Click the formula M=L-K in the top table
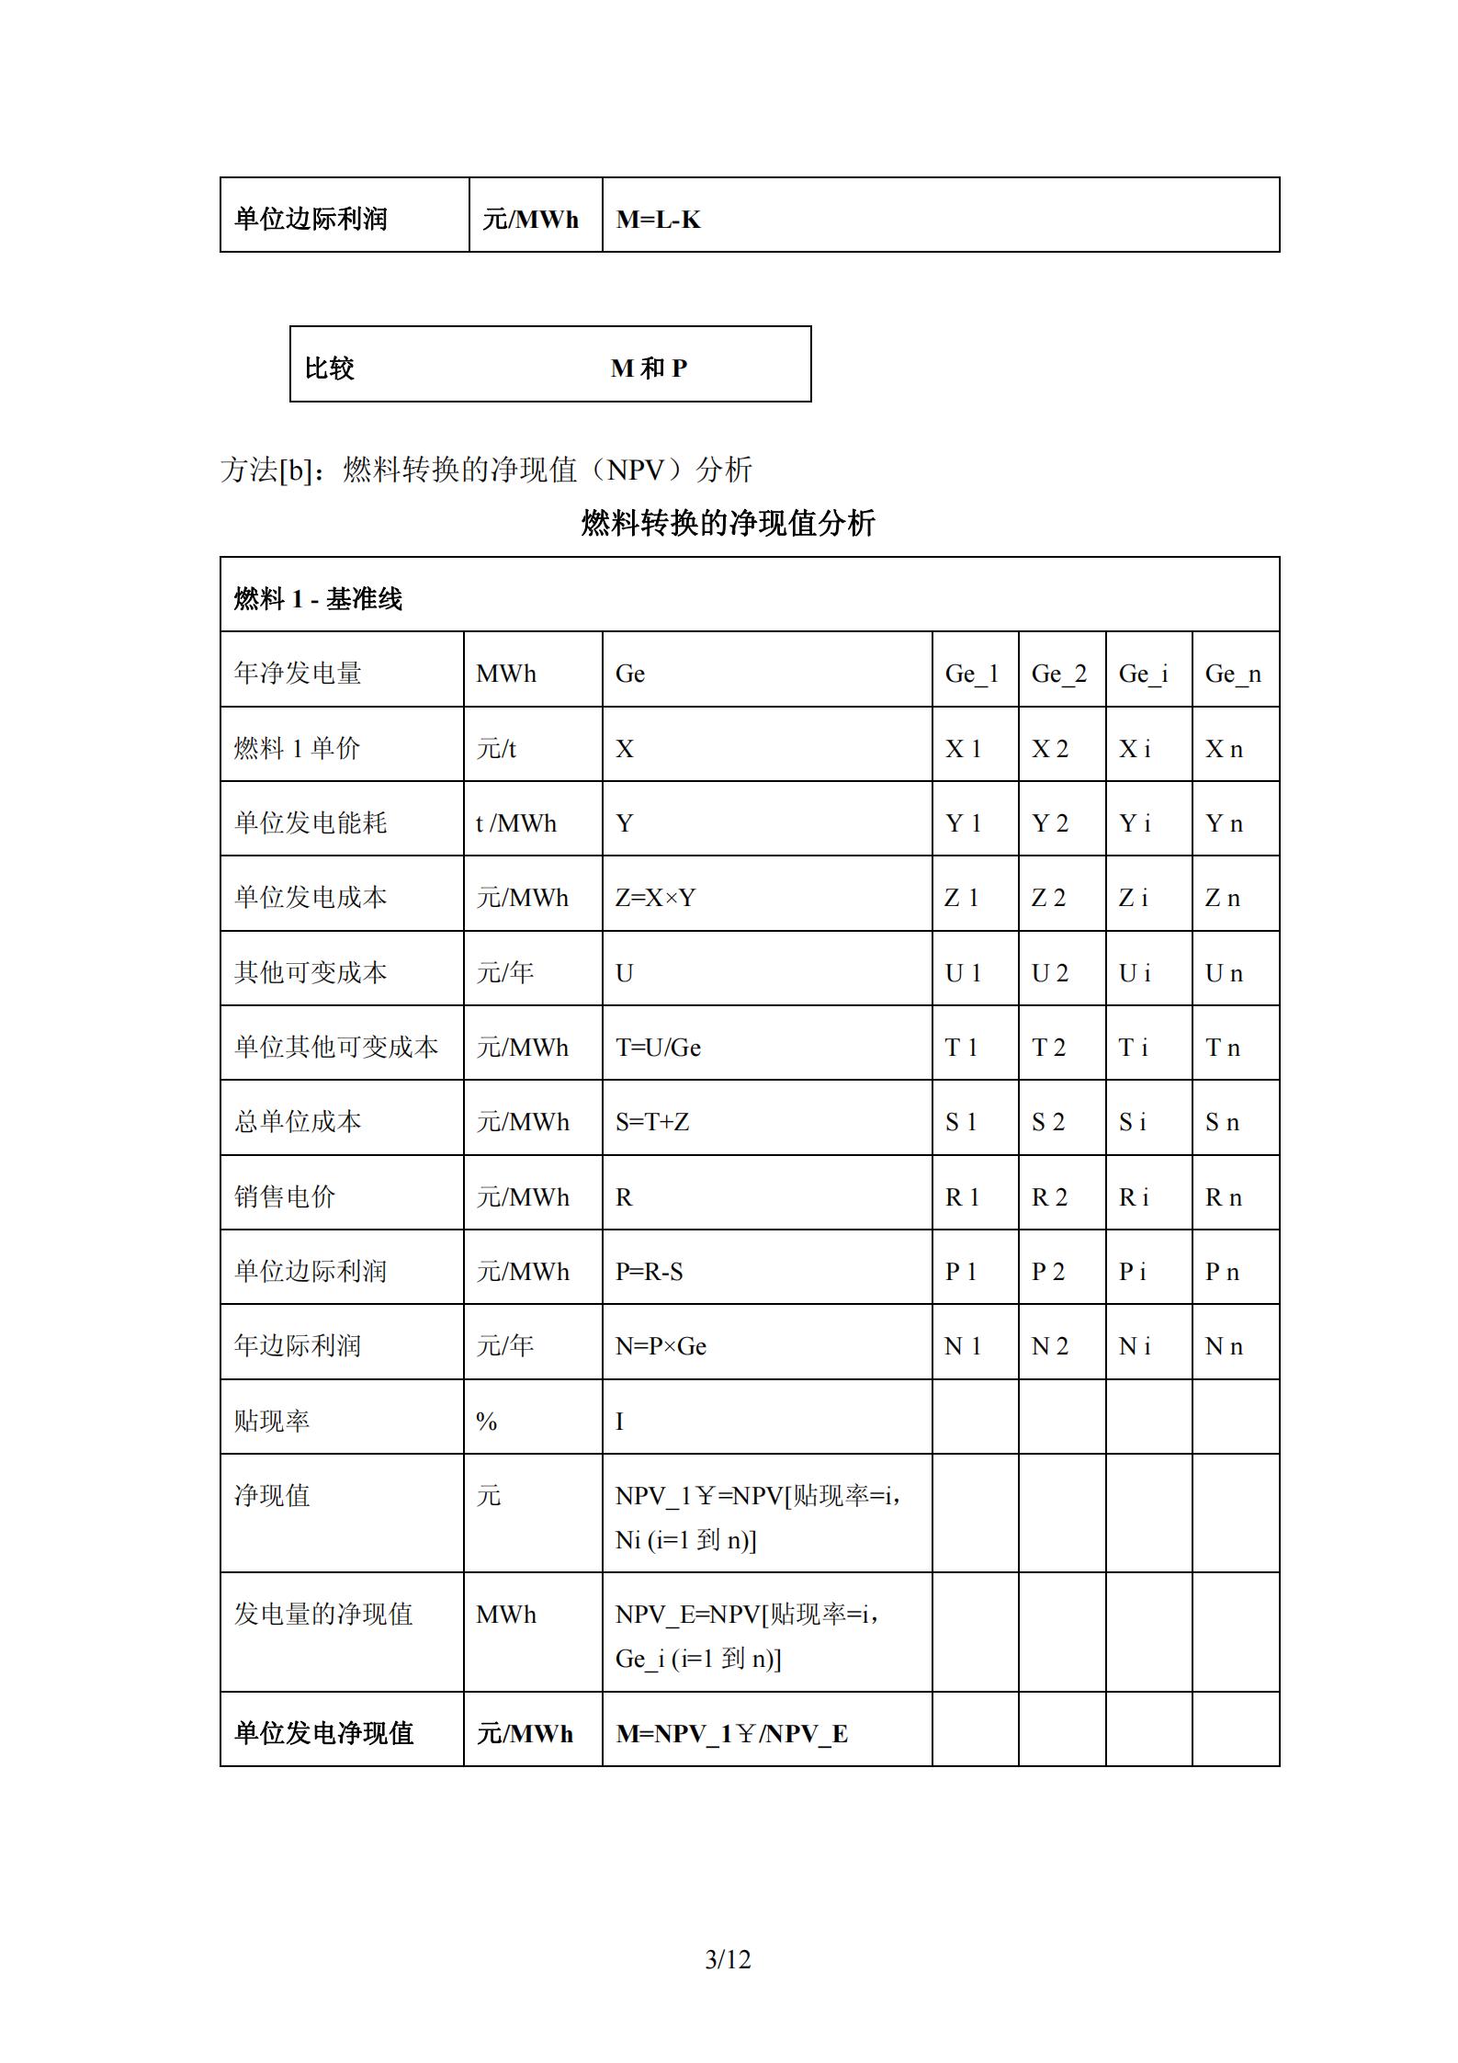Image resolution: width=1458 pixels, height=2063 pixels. tap(658, 220)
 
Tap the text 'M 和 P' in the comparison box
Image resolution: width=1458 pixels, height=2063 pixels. tap(649, 368)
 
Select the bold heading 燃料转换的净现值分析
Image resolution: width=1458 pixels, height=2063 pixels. tap(728, 523)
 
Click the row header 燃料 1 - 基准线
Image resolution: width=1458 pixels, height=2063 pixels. tap(318, 599)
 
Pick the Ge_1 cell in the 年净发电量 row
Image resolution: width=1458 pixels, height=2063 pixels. tap(971, 674)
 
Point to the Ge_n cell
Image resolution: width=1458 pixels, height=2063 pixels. tap(1233, 674)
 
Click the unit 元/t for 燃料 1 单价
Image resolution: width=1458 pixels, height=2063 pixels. tap(496, 749)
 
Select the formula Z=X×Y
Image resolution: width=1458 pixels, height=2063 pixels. tap(655, 898)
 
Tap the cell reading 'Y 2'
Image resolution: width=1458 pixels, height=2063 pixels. tap(1050, 823)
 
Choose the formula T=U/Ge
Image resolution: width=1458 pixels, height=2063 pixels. tap(658, 1048)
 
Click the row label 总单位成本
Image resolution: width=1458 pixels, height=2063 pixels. tap(298, 1122)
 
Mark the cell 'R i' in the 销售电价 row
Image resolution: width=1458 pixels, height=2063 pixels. tap(1135, 1197)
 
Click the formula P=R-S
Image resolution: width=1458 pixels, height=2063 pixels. tap(649, 1272)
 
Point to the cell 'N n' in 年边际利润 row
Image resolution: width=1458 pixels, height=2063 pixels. tap(1224, 1346)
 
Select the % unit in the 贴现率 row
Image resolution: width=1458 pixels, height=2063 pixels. tap(487, 1422)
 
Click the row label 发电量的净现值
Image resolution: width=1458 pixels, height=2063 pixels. tap(323, 1615)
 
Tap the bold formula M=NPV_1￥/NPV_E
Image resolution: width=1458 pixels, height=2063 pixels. tap(731, 1734)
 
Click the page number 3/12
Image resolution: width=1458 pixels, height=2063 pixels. tap(728, 1960)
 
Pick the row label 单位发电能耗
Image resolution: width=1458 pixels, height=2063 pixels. tap(311, 823)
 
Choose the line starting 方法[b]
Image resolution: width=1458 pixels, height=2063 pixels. tap(486, 470)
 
